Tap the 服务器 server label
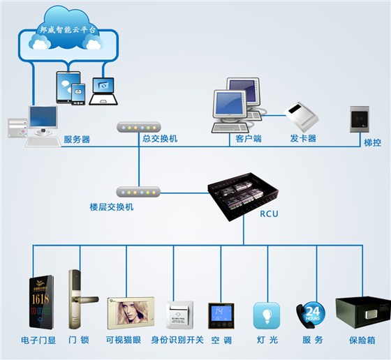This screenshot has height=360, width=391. tap(77, 139)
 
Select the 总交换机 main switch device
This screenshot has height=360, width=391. tap(140, 128)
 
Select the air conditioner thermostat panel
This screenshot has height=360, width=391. tap(221, 315)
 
